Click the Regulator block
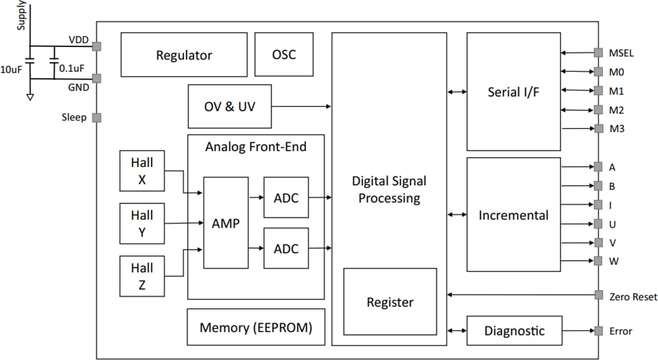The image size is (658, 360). tap(184, 55)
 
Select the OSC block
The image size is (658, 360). tap(283, 55)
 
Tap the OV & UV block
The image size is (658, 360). tap(229, 107)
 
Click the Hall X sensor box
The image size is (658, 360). tap(142, 171)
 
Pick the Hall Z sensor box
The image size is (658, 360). tap(142, 276)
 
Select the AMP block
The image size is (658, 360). tap(225, 223)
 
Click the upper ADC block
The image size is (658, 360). tap(286, 197)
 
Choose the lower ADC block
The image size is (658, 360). tap(286, 249)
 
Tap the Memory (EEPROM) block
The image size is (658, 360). tap(255, 327)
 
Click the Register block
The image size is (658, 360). tap(390, 302)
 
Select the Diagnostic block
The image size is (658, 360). tap(514, 331)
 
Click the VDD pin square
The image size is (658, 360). tap(96, 46)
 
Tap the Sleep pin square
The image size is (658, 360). tap(96, 118)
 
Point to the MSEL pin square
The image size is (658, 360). tap(598, 53)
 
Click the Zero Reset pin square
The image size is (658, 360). tap(598, 296)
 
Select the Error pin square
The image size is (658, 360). tap(598, 331)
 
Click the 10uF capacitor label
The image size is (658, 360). tap(11, 69)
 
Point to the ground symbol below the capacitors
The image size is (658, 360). tap(30, 96)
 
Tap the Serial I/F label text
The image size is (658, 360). tap(514, 92)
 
